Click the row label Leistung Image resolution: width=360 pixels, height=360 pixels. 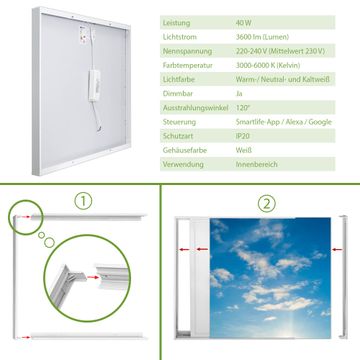pos(176,23)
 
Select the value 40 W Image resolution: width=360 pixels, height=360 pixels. pos(244,23)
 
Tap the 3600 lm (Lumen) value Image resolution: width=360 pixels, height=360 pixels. pos(262,37)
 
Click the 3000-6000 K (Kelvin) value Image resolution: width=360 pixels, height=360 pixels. pos(268,65)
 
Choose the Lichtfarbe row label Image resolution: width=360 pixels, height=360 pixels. pos(179,80)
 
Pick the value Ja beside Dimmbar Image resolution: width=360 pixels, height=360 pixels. pos(239,94)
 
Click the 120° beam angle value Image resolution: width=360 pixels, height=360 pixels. pos(242,108)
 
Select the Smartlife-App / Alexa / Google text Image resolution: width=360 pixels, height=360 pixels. pos(284,122)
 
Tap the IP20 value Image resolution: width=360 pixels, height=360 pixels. pos(243,136)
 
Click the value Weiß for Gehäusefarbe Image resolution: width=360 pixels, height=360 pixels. pos(244,150)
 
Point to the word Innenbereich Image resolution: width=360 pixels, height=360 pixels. pos(256,164)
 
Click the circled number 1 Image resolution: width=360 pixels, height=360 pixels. pos(83,201)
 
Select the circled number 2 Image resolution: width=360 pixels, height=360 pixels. pos(266,204)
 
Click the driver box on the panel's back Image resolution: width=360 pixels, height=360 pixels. pos(94,85)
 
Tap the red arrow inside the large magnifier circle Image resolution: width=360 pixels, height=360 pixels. pos(93,277)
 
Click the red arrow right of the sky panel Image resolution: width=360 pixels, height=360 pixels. pos(337,249)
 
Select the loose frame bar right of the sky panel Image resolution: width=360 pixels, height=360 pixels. pos(343,277)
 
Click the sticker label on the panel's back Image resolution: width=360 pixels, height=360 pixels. pos(83,35)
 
